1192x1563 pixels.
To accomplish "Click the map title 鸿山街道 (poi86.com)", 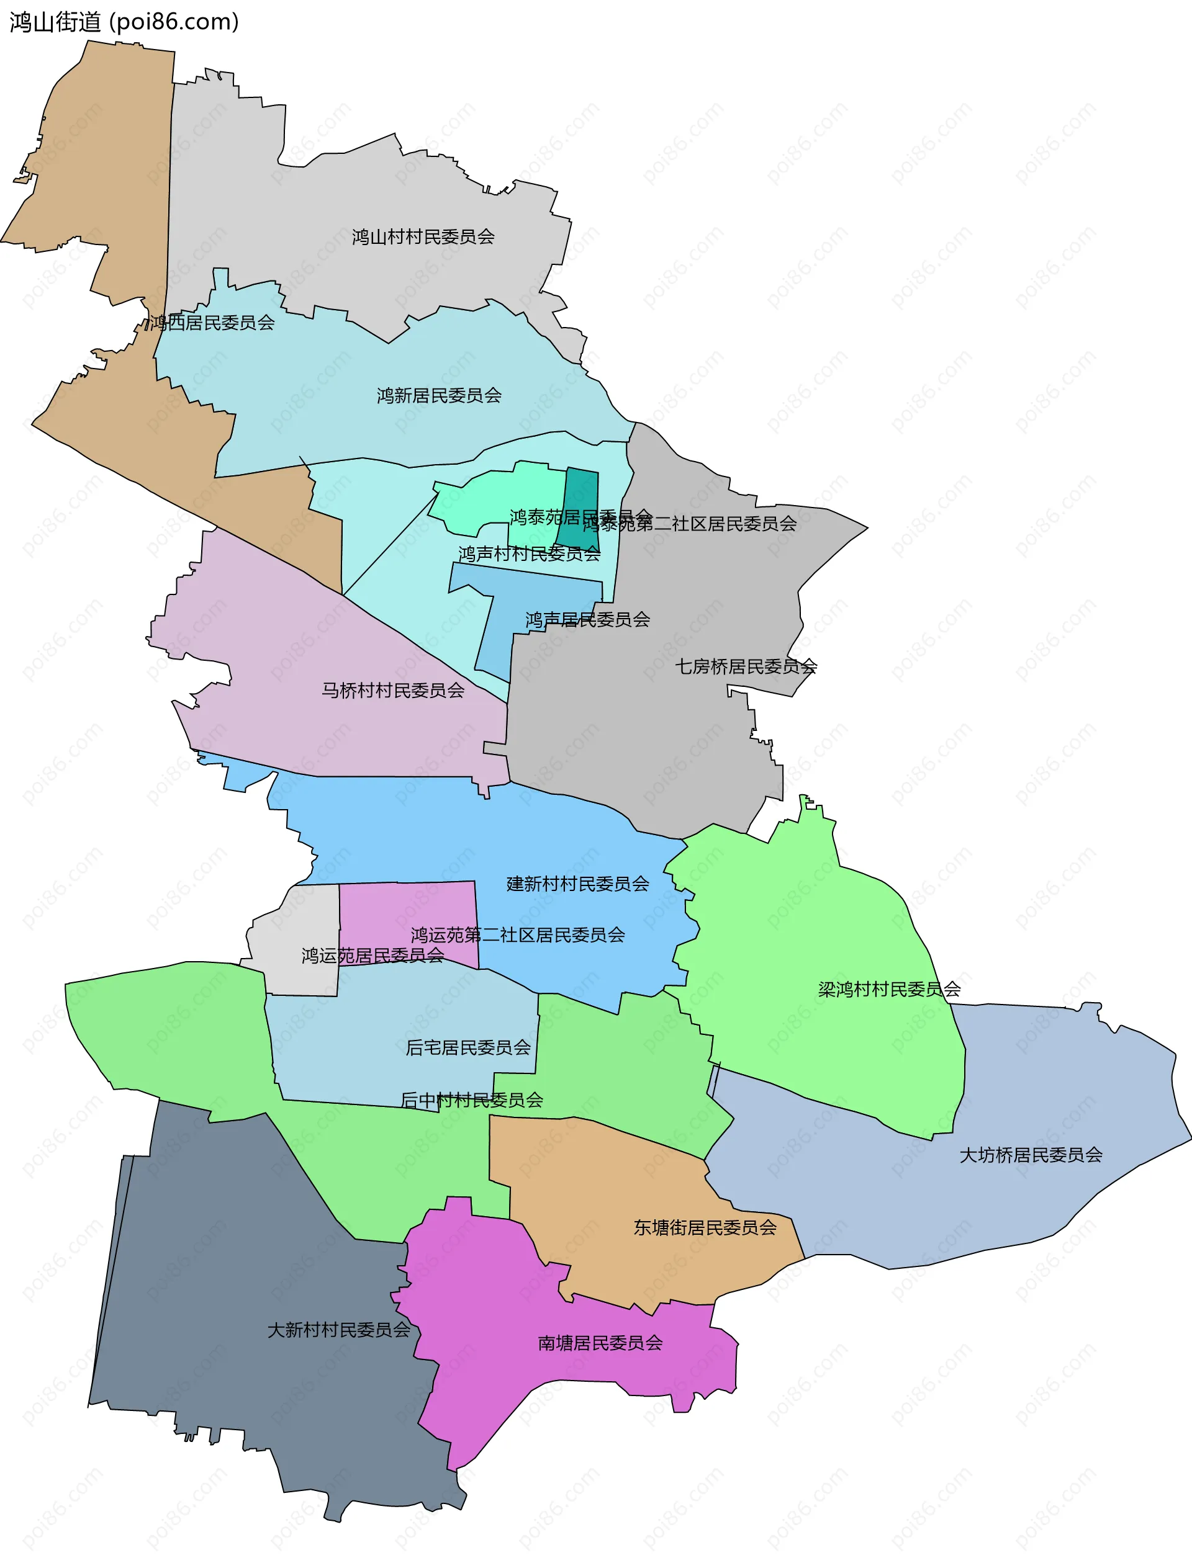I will click(x=124, y=22).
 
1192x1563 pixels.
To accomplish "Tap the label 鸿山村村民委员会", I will click(x=423, y=237).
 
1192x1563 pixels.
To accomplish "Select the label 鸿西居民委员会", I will click(x=212, y=323).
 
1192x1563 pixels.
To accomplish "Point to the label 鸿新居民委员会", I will click(x=438, y=396).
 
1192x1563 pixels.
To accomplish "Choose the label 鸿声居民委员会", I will click(x=587, y=620).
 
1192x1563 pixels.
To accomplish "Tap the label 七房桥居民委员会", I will click(x=746, y=666).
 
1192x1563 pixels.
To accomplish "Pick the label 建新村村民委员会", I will click(x=577, y=884).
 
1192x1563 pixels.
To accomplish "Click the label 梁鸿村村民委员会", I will click(x=889, y=989).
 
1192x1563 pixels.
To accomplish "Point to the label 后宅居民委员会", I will click(x=467, y=1047).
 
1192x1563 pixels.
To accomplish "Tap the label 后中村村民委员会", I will click(x=472, y=1100).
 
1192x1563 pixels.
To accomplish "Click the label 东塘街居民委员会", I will click(x=705, y=1227).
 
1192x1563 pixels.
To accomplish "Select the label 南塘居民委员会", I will click(x=600, y=1343).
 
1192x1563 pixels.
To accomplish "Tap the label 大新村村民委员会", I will click(x=338, y=1330).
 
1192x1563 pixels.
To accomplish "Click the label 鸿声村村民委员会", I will click(x=530, y=554).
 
